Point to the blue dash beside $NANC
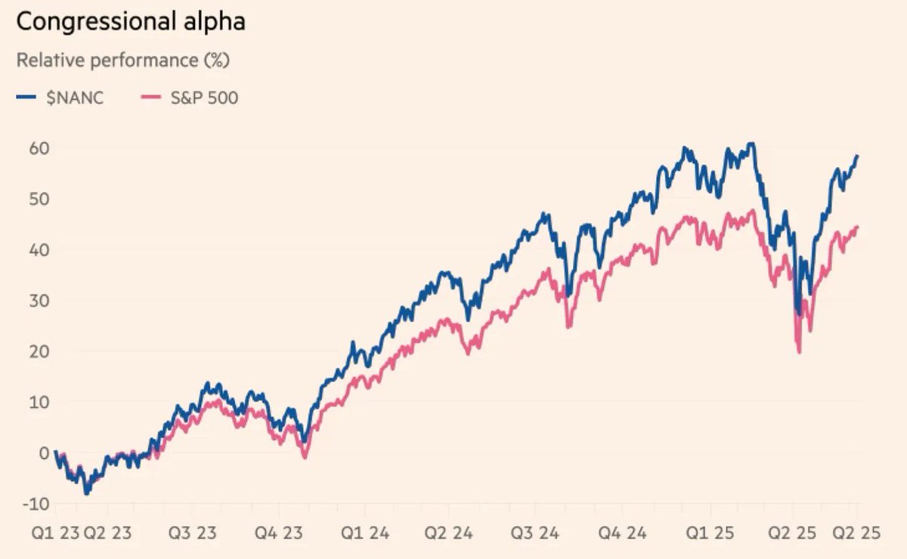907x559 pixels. pyautogui.click(x=26, y=97)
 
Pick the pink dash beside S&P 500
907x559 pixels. pyautogui.click(x=153, y=97)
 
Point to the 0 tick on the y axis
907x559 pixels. pyautogui.click(x=33, y=453)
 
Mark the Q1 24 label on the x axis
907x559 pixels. pyautogui.click(x=367, y=533)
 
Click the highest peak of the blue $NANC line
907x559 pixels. pyautogui.click(x=750, y=143)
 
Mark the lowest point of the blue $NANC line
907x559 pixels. pyautogui.click(x=87, y=493)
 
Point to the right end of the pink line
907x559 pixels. pyautogui.click(x=857, y=227)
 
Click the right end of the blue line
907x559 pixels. pyautogui.click(x=857, y=156)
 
